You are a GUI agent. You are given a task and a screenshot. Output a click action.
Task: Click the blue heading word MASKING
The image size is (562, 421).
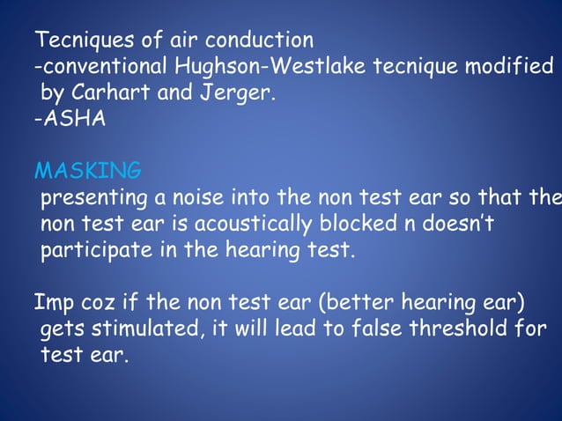coord(87,169)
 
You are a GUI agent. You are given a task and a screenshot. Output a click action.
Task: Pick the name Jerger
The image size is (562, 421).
coord(240,92)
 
